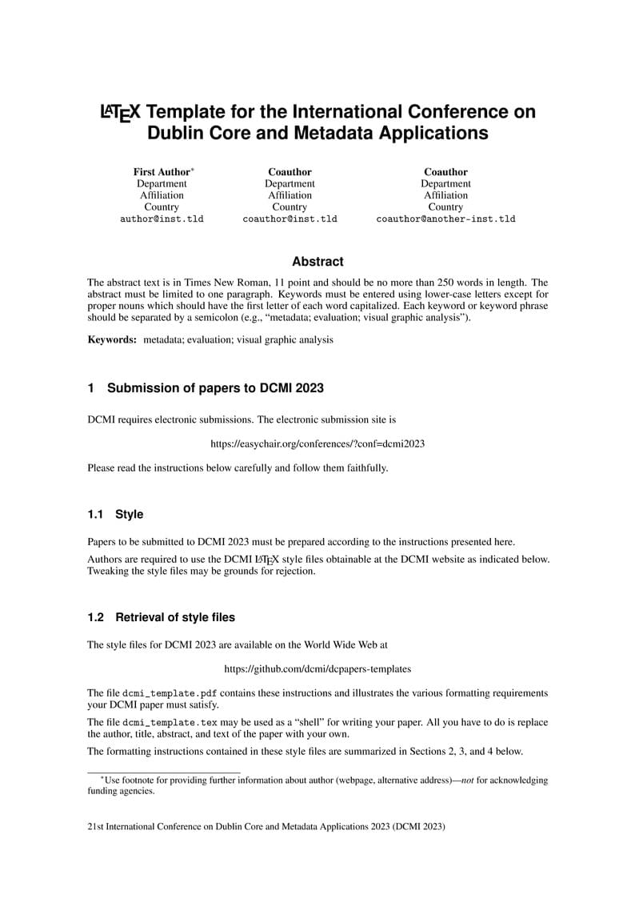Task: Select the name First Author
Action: (162, 172)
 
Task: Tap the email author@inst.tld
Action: (162, 219)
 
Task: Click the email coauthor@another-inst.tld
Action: (445, 219)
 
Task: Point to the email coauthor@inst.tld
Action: (290, 219)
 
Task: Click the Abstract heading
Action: (317, 262)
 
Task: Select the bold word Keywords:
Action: (112, 339)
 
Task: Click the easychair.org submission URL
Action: (317, 443)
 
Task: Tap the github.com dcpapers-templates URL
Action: (317, 668)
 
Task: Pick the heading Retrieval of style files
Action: (175, 617)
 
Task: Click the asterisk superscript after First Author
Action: (193, 170)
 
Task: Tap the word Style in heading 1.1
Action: (129, 514)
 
